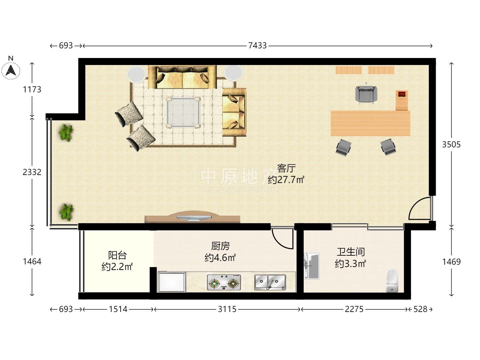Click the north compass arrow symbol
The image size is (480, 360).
[10, 70]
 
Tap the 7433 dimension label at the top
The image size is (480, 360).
[257, 45]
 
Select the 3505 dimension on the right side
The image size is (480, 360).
[451, 144]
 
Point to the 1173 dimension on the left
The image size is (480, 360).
[32, 89]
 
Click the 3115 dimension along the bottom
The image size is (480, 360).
[227, 309]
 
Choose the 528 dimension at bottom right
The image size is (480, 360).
[420, 309]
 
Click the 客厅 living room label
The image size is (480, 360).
[286, 168]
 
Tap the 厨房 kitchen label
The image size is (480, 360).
[220, 246]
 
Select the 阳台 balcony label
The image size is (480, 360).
[117, 255]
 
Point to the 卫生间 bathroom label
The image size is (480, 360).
[351, 252]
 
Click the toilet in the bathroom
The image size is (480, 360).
[392, 281]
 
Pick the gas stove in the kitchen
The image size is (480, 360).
[224, 282]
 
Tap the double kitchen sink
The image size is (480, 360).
[270, 282]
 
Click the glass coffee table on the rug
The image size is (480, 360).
[183, 112]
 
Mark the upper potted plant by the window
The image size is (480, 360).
[66, 133]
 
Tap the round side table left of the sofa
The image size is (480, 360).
[136, 74]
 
